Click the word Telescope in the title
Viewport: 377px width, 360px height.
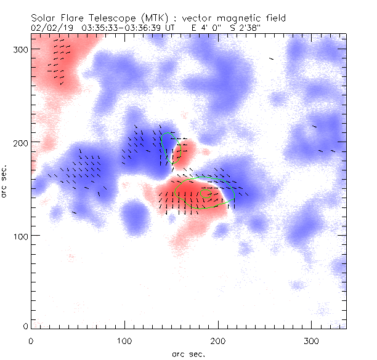(x=108, y=18)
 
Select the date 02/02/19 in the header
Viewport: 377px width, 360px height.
(x=49, y=28)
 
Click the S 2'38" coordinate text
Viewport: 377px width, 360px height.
(x=249, y=28)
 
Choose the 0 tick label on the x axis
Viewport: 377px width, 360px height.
(x=31, y=340)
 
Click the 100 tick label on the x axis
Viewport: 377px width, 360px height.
(x=124, y=340)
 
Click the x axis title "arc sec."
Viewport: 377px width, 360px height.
(x=188, y=353)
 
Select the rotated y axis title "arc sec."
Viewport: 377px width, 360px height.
(x=5, y=180)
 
